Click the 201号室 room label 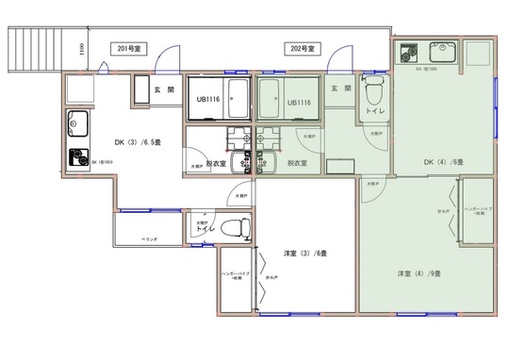click(x=130, y=47)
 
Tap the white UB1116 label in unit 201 click(x=209, y=101)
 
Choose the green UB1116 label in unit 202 click(x=300, y=102)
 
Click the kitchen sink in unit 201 click(x=77, y=123)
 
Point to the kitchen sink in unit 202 click(x=440, y=53)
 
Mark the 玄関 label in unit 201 click(x=164, y=90)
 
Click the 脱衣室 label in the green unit click(x=299, y=162)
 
